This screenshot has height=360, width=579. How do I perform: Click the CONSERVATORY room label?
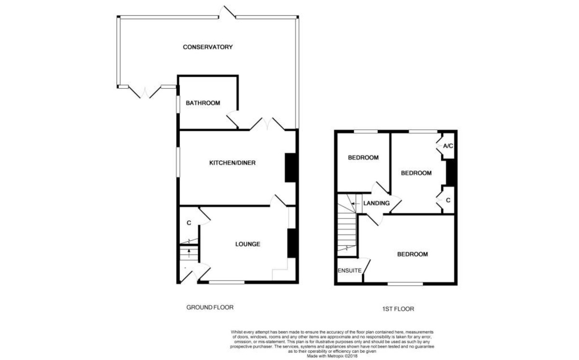(208, 47)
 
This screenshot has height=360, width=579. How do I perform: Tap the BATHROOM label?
(203, 103)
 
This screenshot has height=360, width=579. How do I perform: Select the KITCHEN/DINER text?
(233, 163)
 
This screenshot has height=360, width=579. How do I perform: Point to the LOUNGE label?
(248, 244)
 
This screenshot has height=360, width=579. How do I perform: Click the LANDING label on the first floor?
(376, 203)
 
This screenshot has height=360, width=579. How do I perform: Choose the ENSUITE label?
(349, 271)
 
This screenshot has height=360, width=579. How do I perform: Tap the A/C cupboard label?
(448, 146)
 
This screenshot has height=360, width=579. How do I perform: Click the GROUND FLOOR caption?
(210, 307)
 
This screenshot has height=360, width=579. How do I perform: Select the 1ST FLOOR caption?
(398, 309)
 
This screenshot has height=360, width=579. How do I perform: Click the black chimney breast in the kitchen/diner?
(290, 168)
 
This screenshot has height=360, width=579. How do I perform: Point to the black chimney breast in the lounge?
(292, 243)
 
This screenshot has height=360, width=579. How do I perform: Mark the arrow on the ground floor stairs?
(189, 253)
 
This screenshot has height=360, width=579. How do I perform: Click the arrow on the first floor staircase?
(356, 204)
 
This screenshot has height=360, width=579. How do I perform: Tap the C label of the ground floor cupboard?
(189, 223)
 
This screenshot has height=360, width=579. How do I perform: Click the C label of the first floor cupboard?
(448, 200)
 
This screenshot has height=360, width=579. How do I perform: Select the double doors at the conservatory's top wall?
(227, 12)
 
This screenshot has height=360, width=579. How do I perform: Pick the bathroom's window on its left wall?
(178, 104)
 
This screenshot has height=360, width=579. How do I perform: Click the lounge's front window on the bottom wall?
(227, 282)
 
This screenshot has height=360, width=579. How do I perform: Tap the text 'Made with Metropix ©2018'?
(332, 356)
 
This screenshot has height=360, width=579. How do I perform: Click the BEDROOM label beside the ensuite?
(413, 254)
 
